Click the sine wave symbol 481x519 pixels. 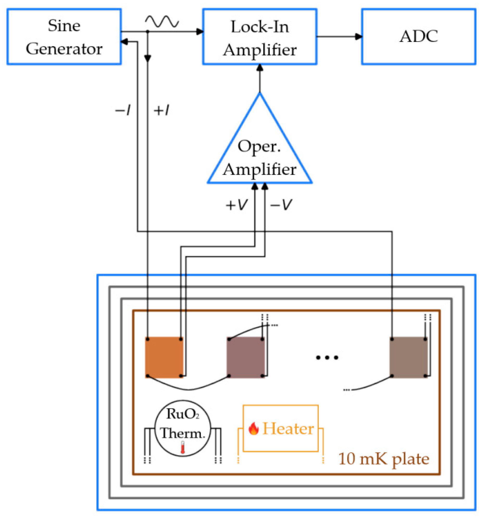point(162,21)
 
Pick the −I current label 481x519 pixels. point(123,110)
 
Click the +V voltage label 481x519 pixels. point(236,205)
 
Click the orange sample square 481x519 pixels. point(164,357)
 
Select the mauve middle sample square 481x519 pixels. point(246,357)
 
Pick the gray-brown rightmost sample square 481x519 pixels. point(409,357)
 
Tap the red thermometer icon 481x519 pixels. point(183,447)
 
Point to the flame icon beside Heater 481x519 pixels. point(253,428)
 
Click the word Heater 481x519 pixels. point(288,428)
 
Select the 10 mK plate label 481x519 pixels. point(384,459)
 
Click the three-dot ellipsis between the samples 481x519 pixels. point(327,357)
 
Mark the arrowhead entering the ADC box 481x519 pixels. point(359,36)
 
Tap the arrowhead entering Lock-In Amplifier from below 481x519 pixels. point(260,68)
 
